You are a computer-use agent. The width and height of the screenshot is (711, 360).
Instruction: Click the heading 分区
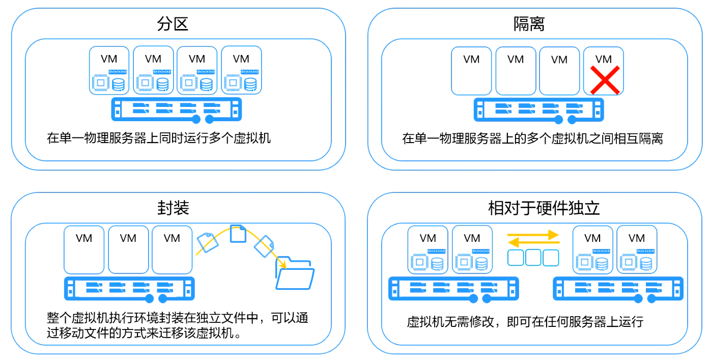(x=173, y=24)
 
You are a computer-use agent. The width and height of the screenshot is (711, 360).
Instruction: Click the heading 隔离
(x=529, y=24)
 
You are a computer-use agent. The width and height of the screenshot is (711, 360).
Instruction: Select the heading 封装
(x=173, y=208)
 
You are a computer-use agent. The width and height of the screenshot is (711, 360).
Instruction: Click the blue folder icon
(x=295, y=275)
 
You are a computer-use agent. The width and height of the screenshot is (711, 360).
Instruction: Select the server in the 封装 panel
(x=129, y=289)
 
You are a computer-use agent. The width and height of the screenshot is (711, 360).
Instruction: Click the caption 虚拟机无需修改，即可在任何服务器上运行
(x=525, y=322)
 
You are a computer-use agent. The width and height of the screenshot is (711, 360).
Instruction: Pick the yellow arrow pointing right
(x=533, y=235)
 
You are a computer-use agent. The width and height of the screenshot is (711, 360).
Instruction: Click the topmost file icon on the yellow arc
(x=238, y=234)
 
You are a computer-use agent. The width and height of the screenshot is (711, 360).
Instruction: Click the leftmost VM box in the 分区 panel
(x=109, y=70)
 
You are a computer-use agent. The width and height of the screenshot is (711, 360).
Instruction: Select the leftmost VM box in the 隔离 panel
(x=471, y=71)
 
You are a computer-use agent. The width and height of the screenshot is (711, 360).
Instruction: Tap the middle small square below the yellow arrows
(x=533, y=258)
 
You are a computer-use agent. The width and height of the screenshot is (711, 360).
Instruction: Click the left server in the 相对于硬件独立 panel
(x=453, y=289)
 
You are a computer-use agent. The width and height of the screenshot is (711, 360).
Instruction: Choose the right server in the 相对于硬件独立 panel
(x=618, y=289)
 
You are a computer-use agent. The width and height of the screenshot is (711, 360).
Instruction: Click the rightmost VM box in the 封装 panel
(x=172, y=250)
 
